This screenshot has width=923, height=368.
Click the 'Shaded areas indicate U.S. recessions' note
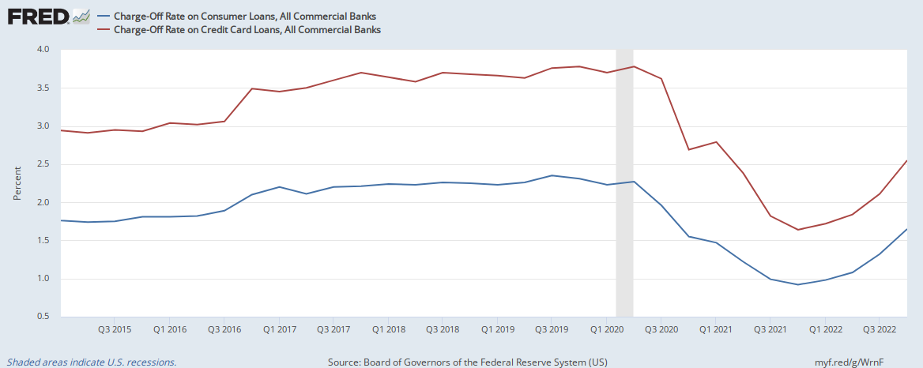[92, 362]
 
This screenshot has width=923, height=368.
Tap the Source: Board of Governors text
[468, 362]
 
